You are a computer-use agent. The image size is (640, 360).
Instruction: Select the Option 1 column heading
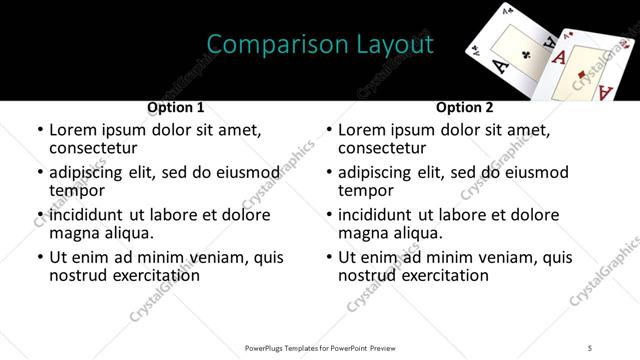[176, 107]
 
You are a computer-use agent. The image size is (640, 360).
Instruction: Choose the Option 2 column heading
[465, 107]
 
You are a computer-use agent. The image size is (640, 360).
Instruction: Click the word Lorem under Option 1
[73, 130]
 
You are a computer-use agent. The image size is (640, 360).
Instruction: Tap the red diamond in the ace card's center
[585, 71]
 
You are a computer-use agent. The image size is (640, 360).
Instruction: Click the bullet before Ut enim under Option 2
[329, 257]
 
